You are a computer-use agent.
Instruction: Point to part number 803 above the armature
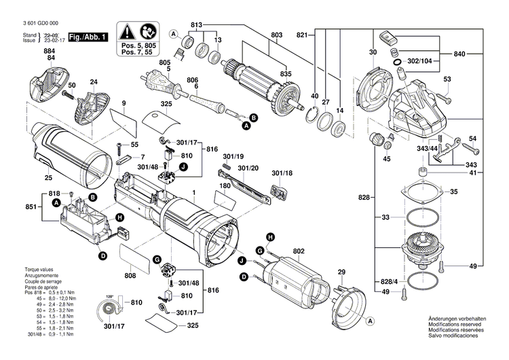pos(276,35)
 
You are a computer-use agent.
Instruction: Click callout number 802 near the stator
pos(298,251)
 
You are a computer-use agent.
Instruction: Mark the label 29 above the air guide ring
pos(342,272)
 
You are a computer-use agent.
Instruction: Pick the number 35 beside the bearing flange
pos(454,192)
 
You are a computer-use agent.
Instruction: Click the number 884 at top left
pos(50,50)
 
